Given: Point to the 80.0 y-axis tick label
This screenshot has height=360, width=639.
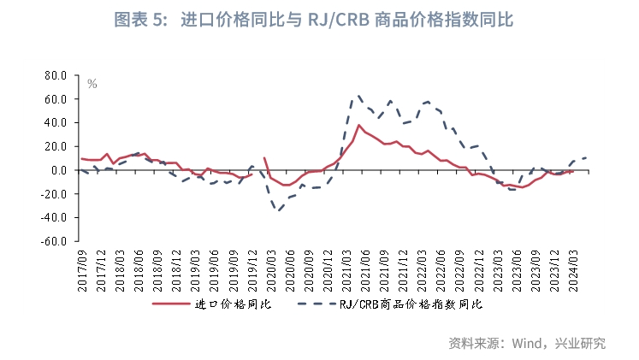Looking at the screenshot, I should (x=55, y=75).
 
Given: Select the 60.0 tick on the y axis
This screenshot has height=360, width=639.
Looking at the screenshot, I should (x=55, y=99).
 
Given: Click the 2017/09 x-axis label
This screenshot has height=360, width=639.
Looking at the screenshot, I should (x=83, y=269).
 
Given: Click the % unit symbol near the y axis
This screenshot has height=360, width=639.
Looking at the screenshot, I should (x=92, y=84).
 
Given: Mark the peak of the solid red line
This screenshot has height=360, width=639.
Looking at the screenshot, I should (x=358, y=125).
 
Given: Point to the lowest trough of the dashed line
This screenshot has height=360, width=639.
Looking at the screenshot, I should (x=278, y=210).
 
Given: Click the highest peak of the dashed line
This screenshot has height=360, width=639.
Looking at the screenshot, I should (x=358, y=95).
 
